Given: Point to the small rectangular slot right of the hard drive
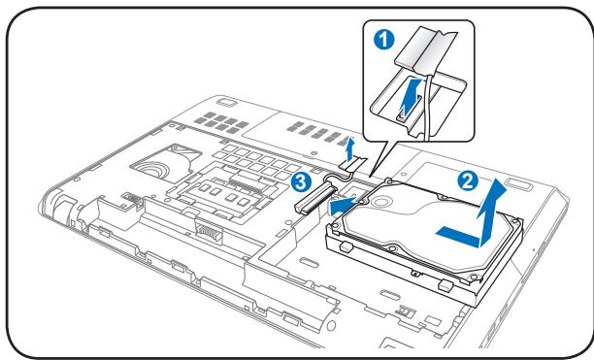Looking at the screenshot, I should [514, 183].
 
